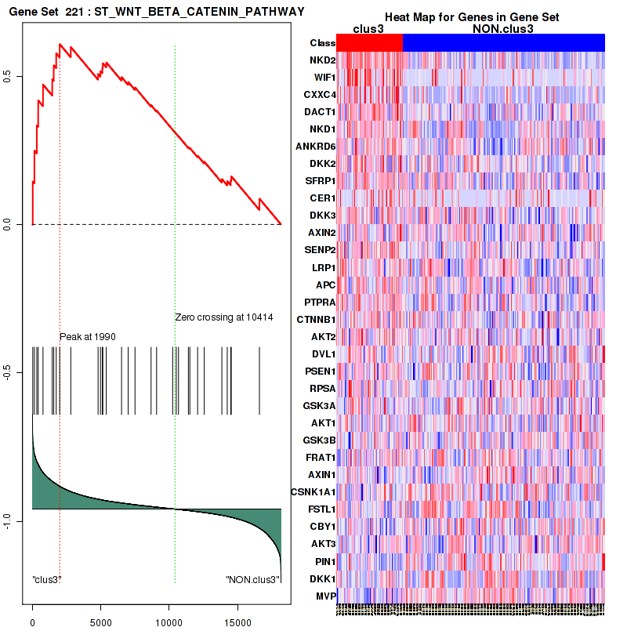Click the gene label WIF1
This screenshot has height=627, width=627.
(324, 78)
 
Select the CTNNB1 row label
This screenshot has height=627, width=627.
(317, 319)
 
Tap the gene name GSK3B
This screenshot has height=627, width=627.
(321, 440)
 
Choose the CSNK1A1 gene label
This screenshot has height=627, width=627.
(313, 491)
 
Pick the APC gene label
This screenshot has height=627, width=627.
(325, 285)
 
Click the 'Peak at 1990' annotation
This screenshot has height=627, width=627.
(88, 336)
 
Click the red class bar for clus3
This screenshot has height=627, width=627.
(368, 43)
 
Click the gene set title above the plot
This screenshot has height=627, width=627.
(154, 12)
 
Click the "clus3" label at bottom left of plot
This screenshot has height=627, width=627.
(47, 580)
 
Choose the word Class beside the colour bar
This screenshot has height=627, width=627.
(322, 43)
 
